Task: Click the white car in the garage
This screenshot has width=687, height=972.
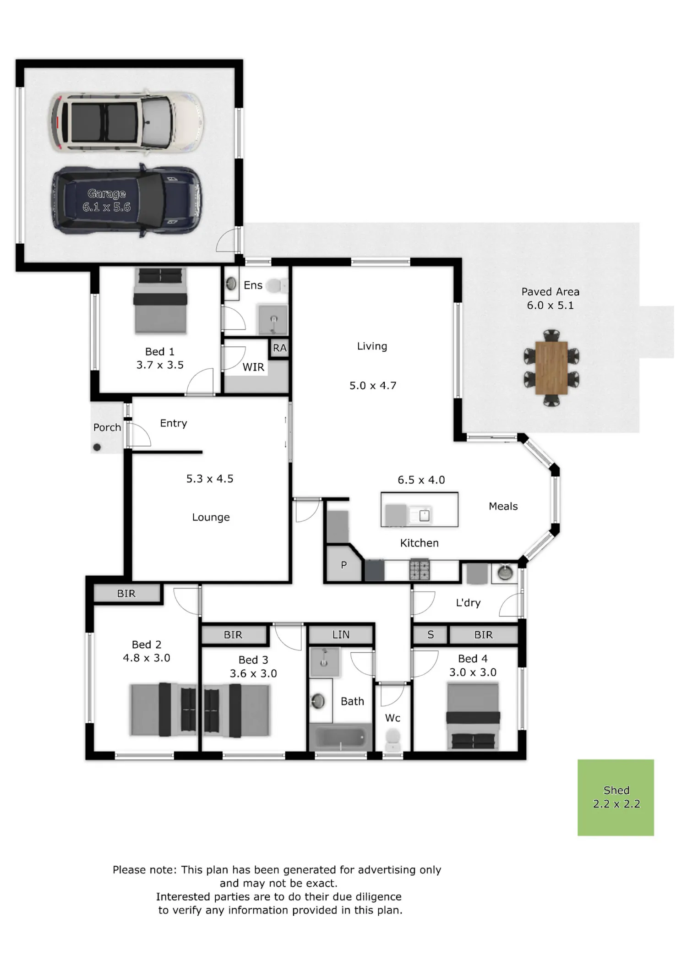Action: pos(126,121)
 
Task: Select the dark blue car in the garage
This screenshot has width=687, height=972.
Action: pos(126,201)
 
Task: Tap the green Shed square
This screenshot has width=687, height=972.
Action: pos(616,797)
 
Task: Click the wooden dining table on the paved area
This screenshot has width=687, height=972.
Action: pos(551,368)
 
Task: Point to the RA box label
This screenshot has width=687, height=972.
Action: pos(280,348)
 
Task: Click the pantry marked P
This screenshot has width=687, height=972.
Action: pos(344,564)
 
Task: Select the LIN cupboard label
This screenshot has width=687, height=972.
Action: pos(341,634)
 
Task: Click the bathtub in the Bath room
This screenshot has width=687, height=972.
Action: pos(340,737)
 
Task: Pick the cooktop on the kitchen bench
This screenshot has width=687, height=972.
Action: pos(420,570)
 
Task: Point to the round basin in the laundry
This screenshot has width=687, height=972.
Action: pos(505,573)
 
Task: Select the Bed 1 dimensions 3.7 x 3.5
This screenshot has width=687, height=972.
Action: pos(160,365)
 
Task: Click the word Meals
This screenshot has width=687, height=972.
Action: pos(503,506)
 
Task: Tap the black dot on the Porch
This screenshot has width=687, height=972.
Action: pos(97,447)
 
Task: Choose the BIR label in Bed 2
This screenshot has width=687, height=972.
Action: pos(126,594)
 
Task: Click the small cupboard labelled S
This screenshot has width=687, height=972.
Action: pos(430,635)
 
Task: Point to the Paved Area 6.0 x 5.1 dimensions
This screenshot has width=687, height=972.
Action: pos(550,306)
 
